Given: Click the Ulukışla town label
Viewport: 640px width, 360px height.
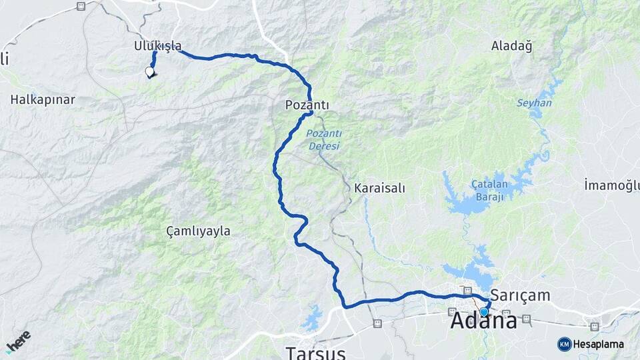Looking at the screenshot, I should (157, 46).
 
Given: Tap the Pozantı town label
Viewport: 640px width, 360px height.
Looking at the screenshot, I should (307, 105).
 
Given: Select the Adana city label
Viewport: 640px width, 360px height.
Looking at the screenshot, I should (483, 321).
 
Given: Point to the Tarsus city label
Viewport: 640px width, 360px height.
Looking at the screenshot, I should (316, 351).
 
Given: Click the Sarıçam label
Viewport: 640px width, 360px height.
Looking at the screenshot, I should (520, 295).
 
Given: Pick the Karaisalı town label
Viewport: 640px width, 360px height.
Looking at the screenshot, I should (379, 188).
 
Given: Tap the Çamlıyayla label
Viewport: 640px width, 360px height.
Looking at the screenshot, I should (198, 231).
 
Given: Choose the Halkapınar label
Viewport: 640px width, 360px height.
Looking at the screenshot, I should (43, 99).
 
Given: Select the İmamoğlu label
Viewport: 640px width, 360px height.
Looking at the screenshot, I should (611, 185).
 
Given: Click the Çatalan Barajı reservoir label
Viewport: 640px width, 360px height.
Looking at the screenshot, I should (490, 190).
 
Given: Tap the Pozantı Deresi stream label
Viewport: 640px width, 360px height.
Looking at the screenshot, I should (323, 139).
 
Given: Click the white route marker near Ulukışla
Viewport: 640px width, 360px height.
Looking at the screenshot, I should (149, 72).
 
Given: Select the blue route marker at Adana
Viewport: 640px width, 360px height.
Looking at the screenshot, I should (484, 311).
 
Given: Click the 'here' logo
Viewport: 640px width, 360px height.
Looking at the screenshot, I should (18, 341).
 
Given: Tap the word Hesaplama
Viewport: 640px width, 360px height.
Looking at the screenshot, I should (599, 344).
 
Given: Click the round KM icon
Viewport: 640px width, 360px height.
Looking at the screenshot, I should (564, 344).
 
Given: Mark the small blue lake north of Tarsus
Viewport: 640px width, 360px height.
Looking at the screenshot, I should (312, 320).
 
